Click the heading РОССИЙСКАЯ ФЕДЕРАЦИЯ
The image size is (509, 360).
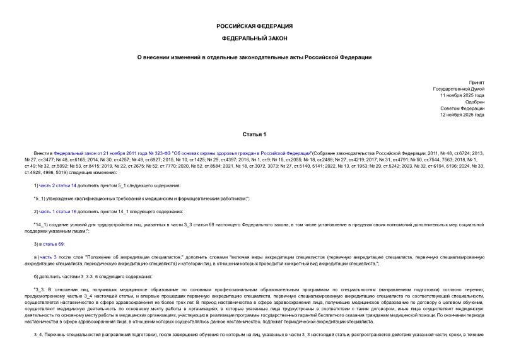(x=254, y=26)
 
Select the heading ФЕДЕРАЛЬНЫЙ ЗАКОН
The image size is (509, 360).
(x=254, y=38)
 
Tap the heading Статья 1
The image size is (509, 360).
(x=254, y=135)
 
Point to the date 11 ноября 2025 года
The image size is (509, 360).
(x=463, y=95)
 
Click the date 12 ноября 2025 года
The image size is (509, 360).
(x=463, y=115)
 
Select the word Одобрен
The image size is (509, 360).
(x=474, y=102)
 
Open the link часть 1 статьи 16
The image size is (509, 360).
(x=58, y=211)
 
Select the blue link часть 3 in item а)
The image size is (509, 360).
(x=49, y=257)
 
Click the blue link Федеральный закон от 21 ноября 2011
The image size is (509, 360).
(x=88, y=153)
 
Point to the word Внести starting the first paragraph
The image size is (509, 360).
(x=45, y=153)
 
